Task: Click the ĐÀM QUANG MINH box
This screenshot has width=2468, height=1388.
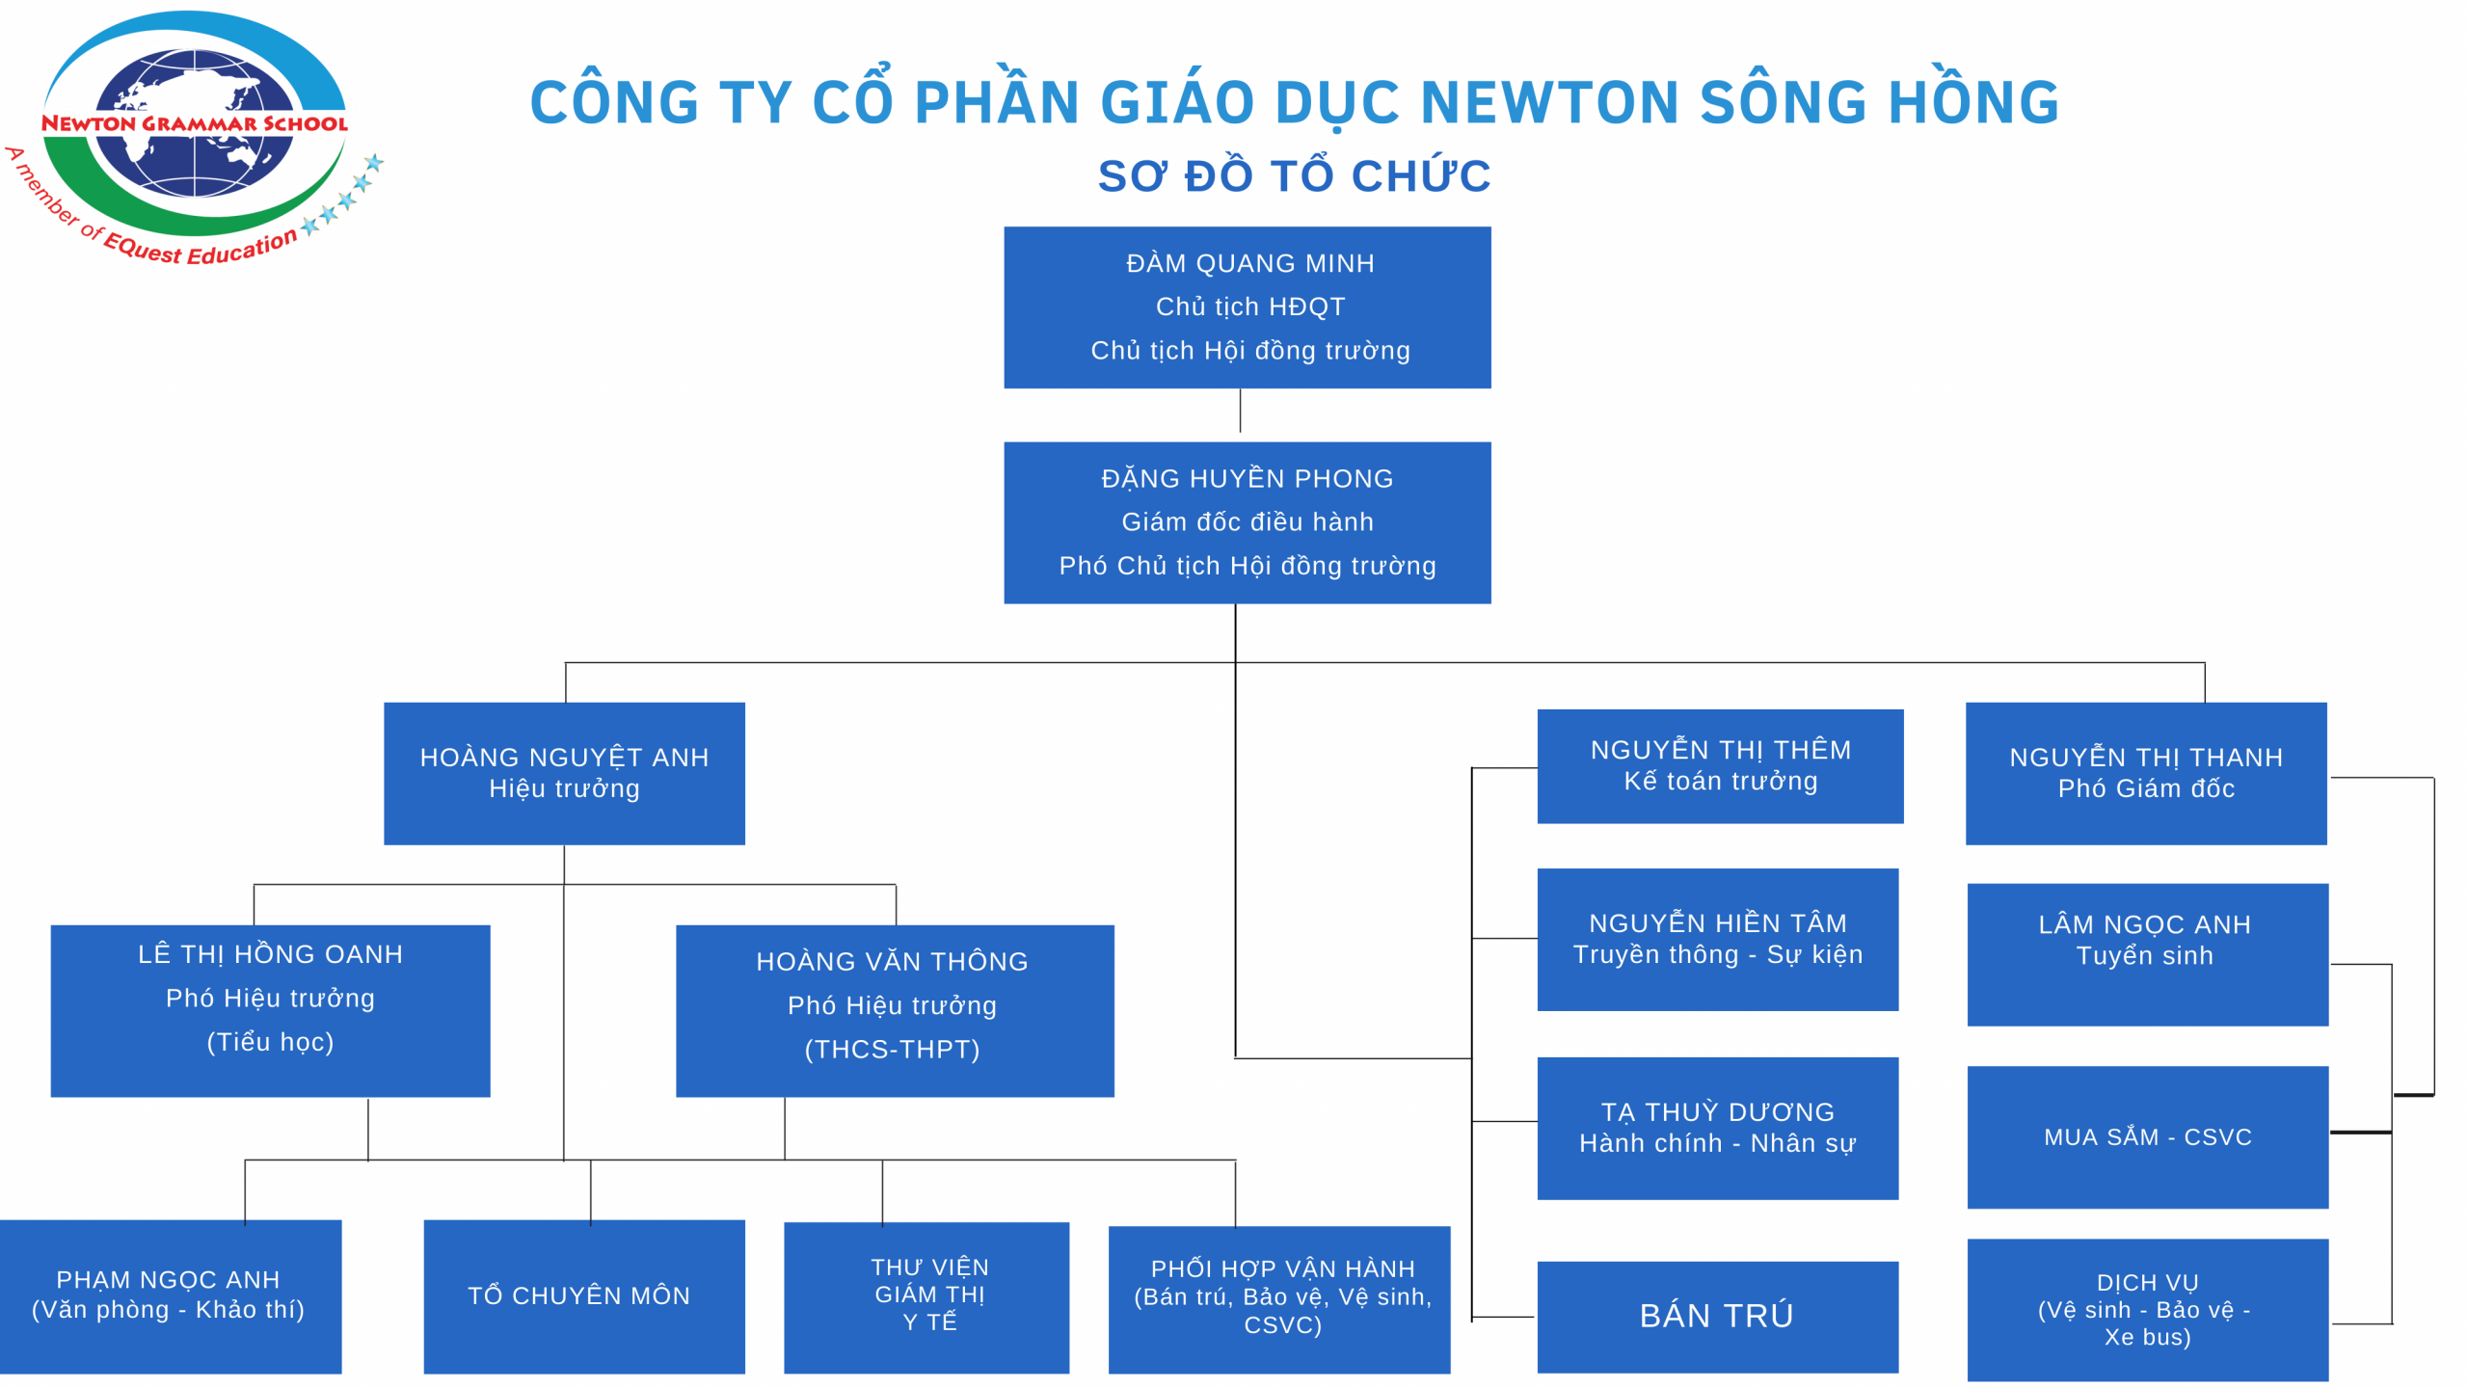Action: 1247,307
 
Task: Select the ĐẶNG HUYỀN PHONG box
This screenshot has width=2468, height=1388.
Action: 1247,522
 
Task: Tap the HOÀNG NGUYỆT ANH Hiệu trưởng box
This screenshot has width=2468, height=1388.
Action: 564,773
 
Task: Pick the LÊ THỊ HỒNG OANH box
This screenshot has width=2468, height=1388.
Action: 270,1010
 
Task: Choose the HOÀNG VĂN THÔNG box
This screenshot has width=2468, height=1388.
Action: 895,1010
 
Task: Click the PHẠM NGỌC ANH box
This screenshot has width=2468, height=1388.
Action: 170,1295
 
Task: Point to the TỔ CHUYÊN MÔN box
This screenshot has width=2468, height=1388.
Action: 583,1295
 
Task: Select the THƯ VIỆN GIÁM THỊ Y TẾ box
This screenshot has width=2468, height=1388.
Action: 925,1296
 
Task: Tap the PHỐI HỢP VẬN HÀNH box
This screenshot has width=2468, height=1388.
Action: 1278,1298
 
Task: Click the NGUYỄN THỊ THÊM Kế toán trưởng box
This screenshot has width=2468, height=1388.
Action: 1719,765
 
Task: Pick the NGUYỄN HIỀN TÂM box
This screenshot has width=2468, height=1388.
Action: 1717,939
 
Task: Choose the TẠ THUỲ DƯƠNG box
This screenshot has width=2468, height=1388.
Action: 1717,1128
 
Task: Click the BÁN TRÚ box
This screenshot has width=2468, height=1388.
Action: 1717,1316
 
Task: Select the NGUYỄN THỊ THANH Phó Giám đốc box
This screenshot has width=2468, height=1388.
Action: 2145,773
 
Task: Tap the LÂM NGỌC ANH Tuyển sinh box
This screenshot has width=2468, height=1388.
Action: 2147,953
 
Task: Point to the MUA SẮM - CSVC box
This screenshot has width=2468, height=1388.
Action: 2147,1136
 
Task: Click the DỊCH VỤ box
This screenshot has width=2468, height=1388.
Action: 2147,1309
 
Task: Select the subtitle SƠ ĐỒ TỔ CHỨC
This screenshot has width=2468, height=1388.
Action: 1294,176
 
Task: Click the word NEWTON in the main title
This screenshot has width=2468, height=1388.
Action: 1547,102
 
